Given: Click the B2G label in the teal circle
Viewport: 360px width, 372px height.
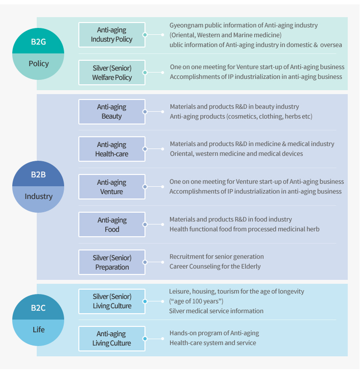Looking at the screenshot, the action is click(38, 42).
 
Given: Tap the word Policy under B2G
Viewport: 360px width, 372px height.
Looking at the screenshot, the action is click(39, 64).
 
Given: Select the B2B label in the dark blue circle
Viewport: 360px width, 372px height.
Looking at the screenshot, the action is click(38, 174).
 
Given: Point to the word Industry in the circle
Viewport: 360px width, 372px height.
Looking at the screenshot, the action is click(38, 196).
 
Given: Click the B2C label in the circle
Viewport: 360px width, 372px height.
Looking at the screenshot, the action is click(38, 308).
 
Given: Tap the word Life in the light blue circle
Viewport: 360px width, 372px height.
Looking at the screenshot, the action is click(39, 329).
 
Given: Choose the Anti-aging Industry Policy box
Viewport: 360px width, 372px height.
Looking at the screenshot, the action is click(112, 35).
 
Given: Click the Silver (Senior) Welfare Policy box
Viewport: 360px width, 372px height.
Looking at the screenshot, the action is click(112, 73).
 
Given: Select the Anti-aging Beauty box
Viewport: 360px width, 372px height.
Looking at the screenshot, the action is click(112, 112).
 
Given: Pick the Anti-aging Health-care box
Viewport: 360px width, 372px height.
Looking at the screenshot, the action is click(112, 149).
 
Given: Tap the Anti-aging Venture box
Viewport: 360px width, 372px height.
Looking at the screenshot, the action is click(112, 187).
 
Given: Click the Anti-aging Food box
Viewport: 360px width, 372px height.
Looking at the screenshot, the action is click(112, 224).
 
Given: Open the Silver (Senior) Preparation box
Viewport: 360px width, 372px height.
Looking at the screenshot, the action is click(112, 262).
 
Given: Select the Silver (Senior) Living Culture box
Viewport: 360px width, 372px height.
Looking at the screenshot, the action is click(112, 301).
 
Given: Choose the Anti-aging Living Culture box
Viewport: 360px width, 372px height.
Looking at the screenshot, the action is click(112, 339).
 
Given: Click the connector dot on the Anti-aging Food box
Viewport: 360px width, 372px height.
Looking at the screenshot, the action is click(145, 224).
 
